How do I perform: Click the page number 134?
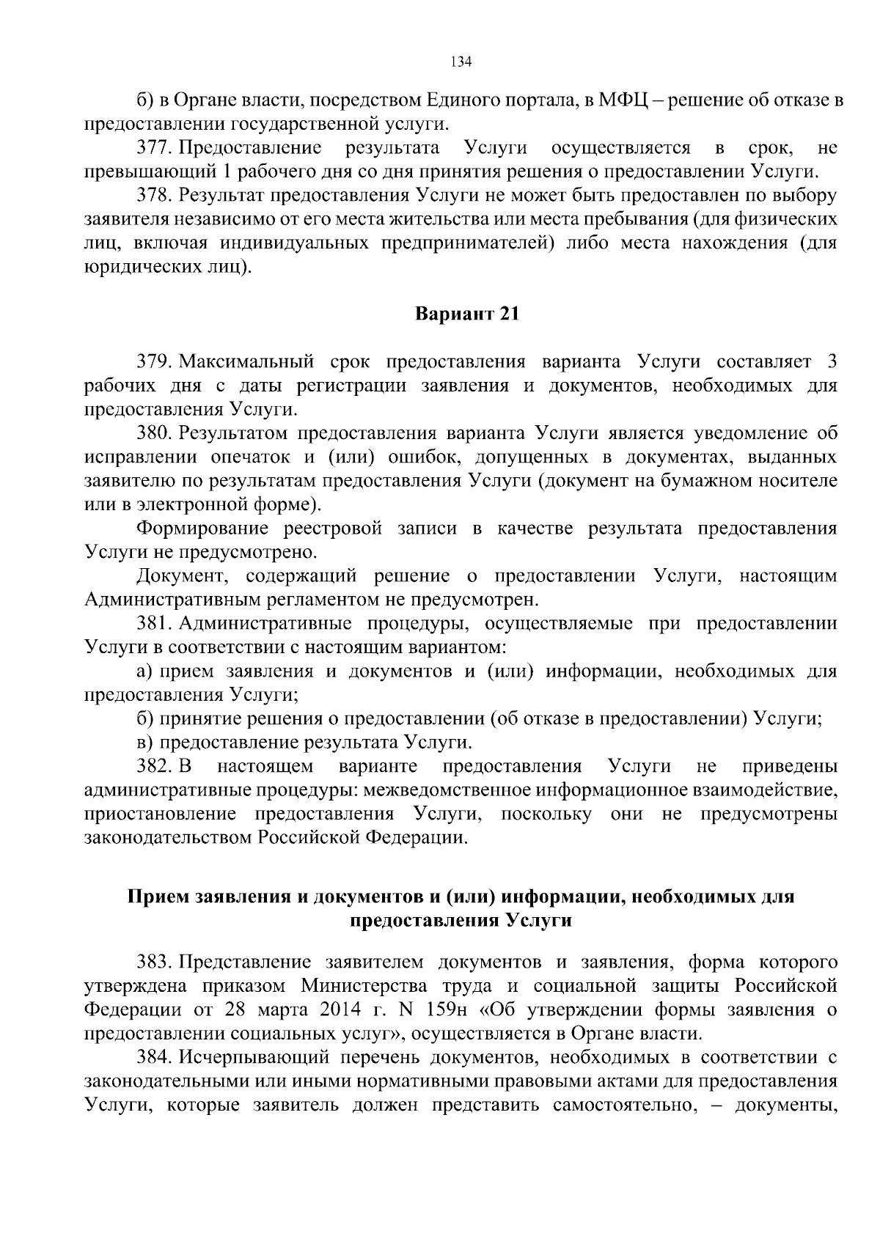coord(461,62)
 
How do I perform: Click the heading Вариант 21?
coord(467,314)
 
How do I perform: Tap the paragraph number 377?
coord(154,148)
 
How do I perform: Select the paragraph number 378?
coord(154,196)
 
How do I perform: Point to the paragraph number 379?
coord(154,362)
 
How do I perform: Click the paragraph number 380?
coord(154,433)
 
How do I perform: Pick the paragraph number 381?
coord(154,624)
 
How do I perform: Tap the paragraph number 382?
coord(154,767)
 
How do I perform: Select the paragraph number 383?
coord(154,961)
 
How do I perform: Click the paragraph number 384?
coord(154,1058)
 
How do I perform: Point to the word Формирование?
coord(194,529)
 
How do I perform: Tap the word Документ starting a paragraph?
coord(181,576)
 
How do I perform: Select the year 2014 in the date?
coord(342,1009)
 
